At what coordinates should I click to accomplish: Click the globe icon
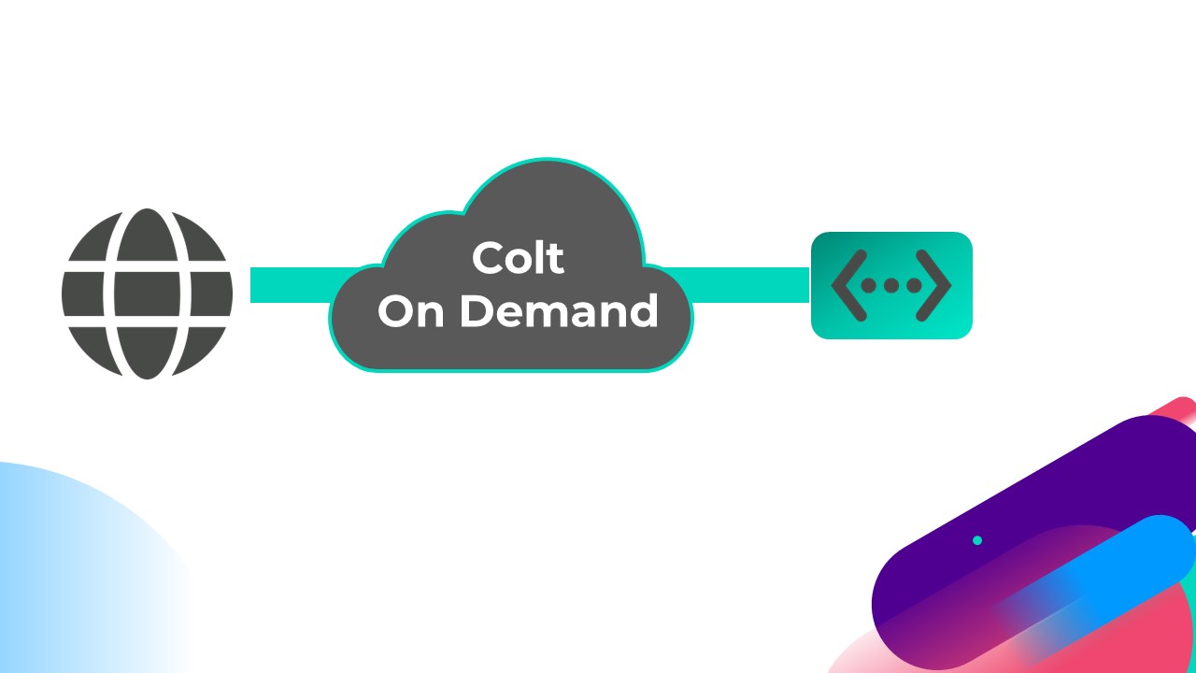point(147,294)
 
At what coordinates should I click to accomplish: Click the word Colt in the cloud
point(518,258)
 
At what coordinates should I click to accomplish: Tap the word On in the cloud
point(410,310)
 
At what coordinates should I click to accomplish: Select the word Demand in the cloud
point(559,310)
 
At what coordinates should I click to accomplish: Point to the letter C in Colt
point(490,259)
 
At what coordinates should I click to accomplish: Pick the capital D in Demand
point(477,310)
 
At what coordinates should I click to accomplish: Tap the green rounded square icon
point(891,285)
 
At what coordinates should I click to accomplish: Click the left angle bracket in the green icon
point(847,285)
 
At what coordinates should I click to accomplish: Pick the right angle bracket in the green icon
point(934,285)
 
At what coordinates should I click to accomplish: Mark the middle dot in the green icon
point(891,285)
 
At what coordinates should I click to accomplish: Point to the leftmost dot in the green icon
point(869,285)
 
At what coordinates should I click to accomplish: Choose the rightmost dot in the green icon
point(913,285)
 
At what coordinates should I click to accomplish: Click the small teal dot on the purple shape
point(977,540)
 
